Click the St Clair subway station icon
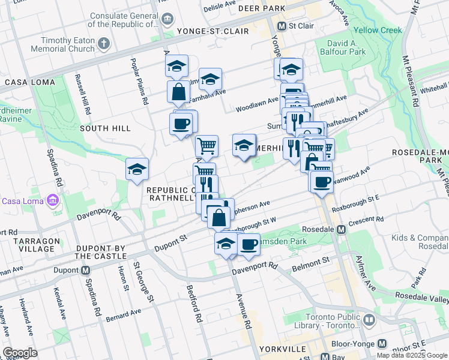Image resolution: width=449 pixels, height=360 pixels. pos(282,26)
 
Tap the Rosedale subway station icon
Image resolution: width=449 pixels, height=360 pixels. pos(341,229)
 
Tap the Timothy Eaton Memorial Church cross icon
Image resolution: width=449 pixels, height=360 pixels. pos(104,43)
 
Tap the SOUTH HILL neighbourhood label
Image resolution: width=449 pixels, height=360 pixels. pos(105,128)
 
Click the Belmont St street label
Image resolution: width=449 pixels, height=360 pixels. pos(311,261)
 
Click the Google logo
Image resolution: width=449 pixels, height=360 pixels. pos(20,353)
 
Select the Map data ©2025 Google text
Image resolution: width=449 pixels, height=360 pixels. pos(411,355)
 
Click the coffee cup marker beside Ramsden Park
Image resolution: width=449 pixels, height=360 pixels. pos(249,244)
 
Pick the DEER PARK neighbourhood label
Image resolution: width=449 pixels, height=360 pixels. pos(261,9)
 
